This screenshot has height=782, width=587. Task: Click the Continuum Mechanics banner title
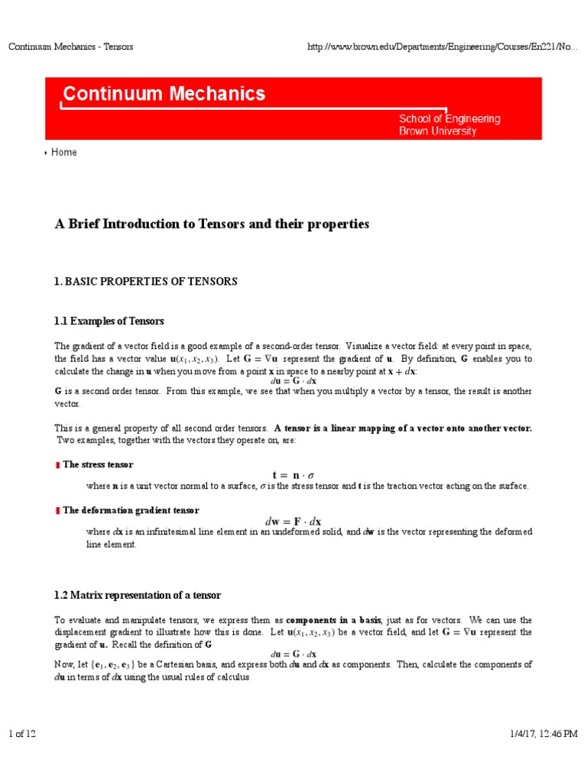164,94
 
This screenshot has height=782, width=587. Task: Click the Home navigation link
64,152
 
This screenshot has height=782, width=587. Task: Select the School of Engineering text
449,118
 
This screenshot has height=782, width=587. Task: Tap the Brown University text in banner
437,131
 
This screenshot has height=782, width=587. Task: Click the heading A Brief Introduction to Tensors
212,224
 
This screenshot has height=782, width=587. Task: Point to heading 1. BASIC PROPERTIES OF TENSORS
146,281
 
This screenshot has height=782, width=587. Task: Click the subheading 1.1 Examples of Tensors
109,321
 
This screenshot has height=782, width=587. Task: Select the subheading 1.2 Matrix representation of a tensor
138,595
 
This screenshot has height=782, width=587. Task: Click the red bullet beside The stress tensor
57,465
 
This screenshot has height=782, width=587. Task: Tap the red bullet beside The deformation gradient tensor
57,511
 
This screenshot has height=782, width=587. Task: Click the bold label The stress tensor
98,464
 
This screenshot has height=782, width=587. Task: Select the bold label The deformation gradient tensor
131,510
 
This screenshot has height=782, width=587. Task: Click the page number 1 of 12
22,734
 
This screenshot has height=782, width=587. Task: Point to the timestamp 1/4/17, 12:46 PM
543,734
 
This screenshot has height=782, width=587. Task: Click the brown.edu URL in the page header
442,47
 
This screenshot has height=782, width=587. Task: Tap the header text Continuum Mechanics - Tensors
70,47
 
